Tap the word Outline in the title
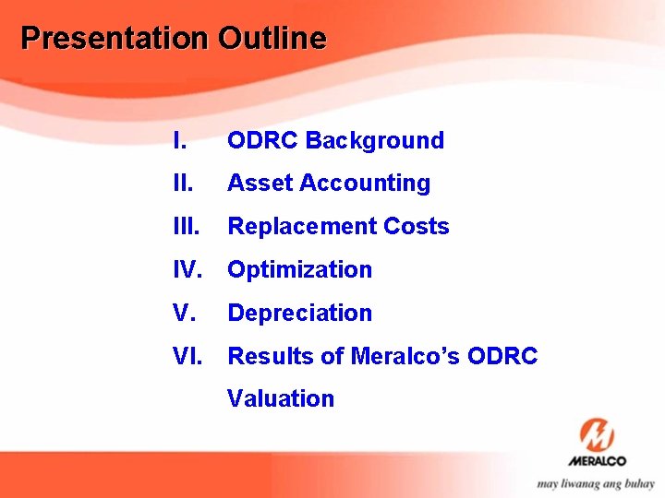pyautogui.click(x=272, y=39)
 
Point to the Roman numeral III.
pyautogui.click(x=186, y=227)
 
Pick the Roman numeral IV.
pyautogui.click(x=188, y=270)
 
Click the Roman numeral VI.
pyautogui.click(x=188, y=356)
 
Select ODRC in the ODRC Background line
pyautogui.click(x=262, y=141)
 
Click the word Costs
pyautogui.click(x=415, y=227)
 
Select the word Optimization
pyautogui.click(x=299, y=270)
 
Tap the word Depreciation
pyautogui.click(x=299, y=314)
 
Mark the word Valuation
pyautogui.click(x=281, y=399)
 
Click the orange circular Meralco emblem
pyautogui.click(x=597, y=434)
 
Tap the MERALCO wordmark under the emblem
pyautogui.click(x=597, y=461)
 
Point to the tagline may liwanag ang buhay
pyautogui.click(x=596, y=483)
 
